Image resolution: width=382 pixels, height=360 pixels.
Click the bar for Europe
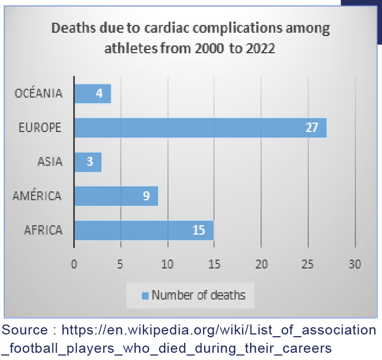point(200,128)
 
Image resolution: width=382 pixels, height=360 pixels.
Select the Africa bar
point(144,230)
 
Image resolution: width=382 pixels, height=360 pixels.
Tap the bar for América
point(116,196)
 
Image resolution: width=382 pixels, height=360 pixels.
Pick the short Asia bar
point(88,162)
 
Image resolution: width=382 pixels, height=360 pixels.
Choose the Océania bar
point(93,94)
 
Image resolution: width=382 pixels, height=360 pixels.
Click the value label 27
point(312,128)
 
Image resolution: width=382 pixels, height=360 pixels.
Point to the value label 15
point(199,230)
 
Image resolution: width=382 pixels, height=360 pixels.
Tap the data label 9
point(146,196)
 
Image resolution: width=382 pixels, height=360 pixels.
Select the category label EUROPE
point(40,128)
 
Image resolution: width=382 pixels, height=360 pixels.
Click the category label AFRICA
point(43,230)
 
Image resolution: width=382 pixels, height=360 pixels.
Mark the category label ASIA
point(50,162)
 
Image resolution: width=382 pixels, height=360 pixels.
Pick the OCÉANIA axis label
point(39,94)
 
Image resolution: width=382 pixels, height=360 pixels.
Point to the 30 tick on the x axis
point(355,265)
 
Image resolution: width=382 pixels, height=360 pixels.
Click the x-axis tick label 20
point(261,265)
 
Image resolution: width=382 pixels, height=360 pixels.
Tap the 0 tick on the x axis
point(74,265)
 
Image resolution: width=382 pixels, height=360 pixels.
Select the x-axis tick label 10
point(167,265)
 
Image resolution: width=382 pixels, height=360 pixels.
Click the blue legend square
point(145,296)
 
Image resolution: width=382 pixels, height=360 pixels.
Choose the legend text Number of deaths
point(198,296)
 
